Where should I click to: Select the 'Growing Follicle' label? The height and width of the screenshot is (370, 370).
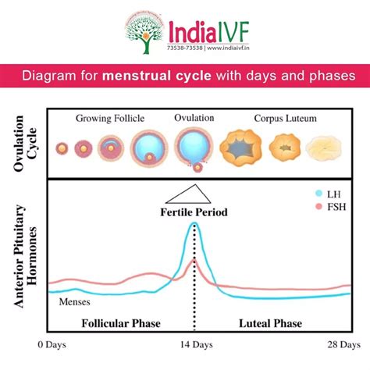(109, 119)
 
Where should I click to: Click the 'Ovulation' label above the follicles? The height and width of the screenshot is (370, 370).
(193, 119)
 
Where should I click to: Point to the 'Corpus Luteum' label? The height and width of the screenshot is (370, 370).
(282, 119)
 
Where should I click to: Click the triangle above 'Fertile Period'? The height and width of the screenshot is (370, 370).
(192, 194)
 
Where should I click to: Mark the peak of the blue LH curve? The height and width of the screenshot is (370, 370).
(194, 225)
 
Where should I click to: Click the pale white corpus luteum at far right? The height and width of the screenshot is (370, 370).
(325, 147)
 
